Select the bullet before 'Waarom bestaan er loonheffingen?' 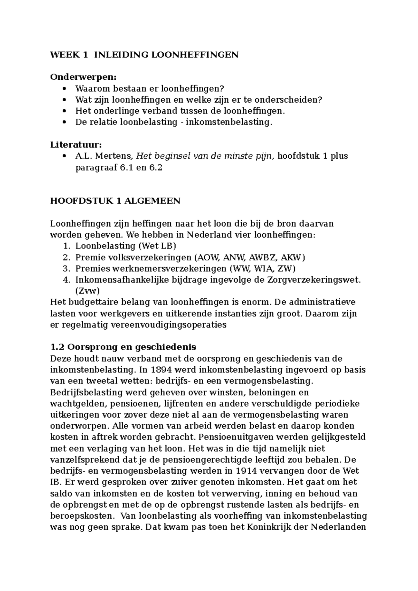point(63,89)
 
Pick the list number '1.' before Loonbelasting point(67,246)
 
